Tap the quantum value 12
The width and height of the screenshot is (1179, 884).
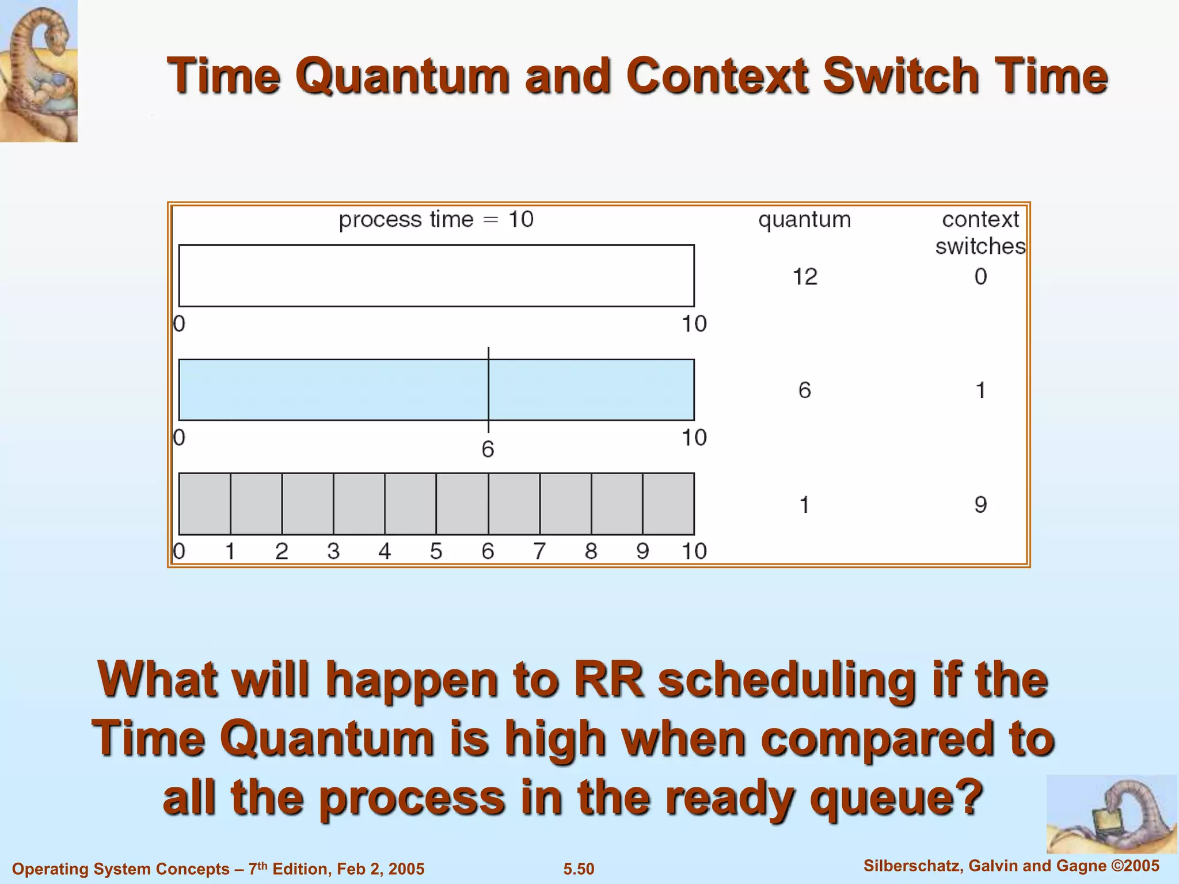point(805,277)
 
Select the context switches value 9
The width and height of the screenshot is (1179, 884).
point(980,505)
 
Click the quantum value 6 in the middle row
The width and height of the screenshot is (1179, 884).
point(804,391)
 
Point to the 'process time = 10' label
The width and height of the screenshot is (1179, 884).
point(436,219)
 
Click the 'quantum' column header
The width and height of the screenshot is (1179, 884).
point(804,219)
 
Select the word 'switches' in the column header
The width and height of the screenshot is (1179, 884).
point(980,246)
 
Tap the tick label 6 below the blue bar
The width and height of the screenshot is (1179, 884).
point(488,449)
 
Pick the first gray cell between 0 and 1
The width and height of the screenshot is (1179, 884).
point(205,504)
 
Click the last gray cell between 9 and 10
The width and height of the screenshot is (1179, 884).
point(668,504)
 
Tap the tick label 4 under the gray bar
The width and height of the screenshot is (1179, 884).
point(385,551)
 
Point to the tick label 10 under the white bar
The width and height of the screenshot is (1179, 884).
point(694,324)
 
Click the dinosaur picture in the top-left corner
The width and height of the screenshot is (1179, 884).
point(39,70)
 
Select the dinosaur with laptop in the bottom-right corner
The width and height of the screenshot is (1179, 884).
point(1111,814)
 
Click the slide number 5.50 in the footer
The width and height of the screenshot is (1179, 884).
point(579,868)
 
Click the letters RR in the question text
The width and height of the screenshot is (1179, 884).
point(608,680)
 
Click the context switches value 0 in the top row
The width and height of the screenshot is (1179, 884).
point(980,277)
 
